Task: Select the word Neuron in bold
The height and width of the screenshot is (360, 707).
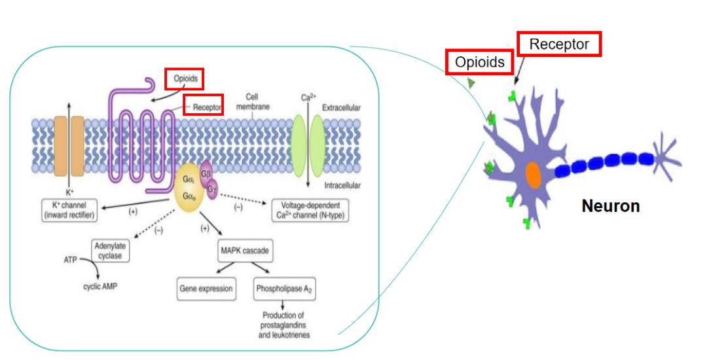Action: pos(611,206)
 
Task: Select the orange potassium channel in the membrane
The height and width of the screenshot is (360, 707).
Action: pos(69,148)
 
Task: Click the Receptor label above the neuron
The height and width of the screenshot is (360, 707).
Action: pos(559,44)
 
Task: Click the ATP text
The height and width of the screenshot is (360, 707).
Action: pos(70,260)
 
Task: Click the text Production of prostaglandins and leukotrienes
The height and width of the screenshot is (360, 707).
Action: pos(283,325)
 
